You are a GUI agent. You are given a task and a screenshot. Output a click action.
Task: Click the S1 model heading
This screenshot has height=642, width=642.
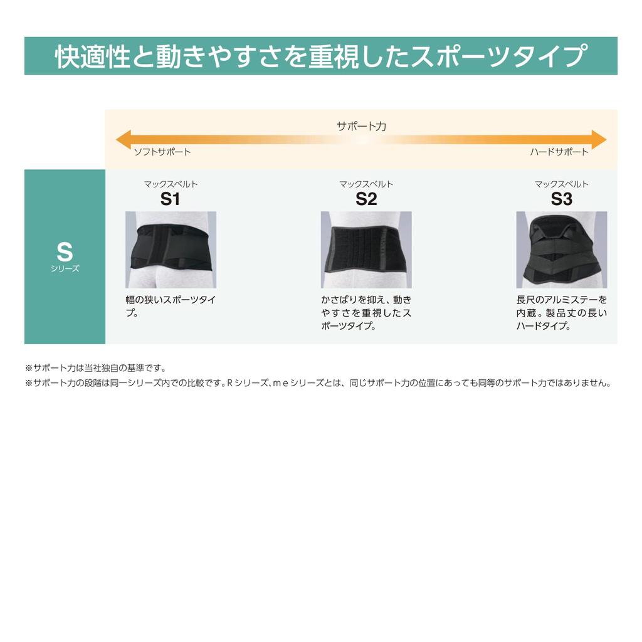pyautogui.click(x=170, y=199)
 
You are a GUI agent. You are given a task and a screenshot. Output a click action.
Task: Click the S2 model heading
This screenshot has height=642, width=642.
pyautogui.click(x=366, y=199)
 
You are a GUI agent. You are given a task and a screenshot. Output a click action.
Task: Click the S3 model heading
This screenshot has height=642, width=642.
pyautogui.click(x=562, y=199)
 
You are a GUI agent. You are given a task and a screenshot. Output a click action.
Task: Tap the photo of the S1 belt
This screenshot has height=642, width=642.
pyautogui.click(x=171, y=250)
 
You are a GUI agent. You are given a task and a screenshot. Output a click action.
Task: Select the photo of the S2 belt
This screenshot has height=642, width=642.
pyautogui.click(x=366, y=250)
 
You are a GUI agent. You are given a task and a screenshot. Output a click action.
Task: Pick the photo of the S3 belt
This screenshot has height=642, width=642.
pyautogui.click(x=562, y=250)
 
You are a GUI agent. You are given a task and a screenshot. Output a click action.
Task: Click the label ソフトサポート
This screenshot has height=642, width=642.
pyautogui.click(x=162, y=152)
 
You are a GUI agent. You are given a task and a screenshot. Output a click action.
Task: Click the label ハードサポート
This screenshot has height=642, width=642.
pyautogui.click(x=559, y=152)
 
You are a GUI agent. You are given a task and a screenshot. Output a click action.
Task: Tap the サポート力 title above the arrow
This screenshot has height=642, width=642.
pyautogui.click(x=361, y=126)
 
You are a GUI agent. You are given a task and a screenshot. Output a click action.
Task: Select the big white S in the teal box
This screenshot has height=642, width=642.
pyautogui.click(x=65, y=252)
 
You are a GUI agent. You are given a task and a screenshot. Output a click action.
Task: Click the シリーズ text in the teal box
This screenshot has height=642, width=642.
pyautogui.click(x=65, y=268)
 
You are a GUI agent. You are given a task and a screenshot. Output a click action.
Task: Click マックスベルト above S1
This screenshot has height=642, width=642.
pyautogui.click(x=171, y=184)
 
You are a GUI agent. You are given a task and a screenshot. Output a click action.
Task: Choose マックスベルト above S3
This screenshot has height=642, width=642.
pyautogui.click(x=562, y=184)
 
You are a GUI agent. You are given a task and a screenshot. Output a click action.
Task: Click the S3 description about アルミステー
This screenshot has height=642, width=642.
pyautogui.click(x=562, y=312)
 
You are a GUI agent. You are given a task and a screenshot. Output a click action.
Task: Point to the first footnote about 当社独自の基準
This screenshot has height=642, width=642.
pyautogui.click(x=95, y=368)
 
